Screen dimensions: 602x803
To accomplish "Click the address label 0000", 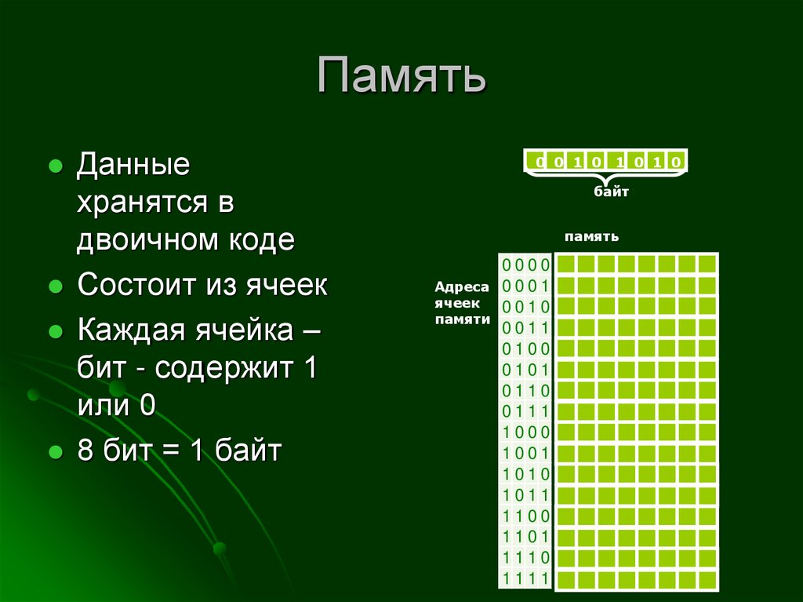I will coord(526,264).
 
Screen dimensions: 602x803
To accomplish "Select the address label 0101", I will coord(526,369).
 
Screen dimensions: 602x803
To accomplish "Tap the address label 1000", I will coord(526,432).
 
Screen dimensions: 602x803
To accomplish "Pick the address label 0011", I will coord(526,327).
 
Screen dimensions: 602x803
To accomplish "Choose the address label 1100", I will coord(526,516).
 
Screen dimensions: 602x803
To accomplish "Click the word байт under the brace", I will coord(611,191).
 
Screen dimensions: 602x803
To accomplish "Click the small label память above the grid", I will coord(591,236).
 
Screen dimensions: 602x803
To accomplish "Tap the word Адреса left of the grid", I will coord(462,288).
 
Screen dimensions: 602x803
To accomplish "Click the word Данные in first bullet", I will coord(133,166).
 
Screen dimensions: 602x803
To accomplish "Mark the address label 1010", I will coord(526,474).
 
